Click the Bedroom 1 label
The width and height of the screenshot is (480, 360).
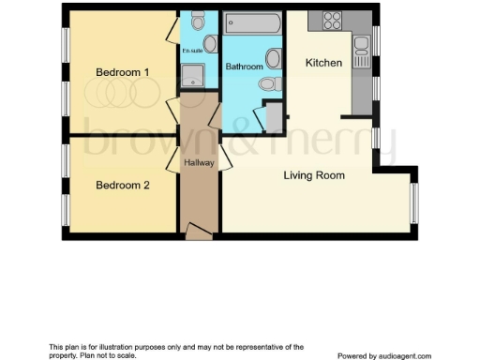click(x=123, y=72)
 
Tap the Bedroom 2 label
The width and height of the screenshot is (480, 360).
click(x=123, y=185)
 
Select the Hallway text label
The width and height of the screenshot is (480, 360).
click(x=200, y=163)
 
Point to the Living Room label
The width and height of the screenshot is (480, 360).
click(x=314, y=175)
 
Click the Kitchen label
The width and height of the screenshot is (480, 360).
click(x=323, y=63)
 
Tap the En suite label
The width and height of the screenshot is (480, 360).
click(x=191, y=50)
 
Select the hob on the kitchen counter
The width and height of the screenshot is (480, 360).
click(x=332, y=19)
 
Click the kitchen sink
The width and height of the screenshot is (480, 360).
click(x=362, y=44)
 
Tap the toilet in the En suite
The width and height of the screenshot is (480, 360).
click(x=197, y=21)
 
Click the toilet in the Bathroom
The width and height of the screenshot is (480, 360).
click(x=268, y=84)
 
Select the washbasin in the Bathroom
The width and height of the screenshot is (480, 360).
click(x=273, y=58)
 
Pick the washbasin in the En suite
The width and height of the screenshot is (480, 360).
click(x=211, y=42)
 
